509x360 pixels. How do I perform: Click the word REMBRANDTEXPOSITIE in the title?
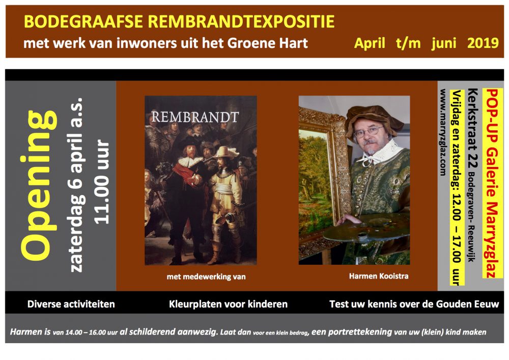pos(241,21)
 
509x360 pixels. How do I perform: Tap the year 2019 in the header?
pos(483,43)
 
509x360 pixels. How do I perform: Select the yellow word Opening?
pos(40,185)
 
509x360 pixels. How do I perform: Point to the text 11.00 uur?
pos(102,182)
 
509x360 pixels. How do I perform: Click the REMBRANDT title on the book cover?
pos(195,117)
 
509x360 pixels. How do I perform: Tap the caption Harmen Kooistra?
pos(379,276)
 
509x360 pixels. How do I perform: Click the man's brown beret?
pos(373,118)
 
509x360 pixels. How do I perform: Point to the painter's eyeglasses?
pos(369,131)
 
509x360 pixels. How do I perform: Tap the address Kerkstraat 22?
pos(473,128)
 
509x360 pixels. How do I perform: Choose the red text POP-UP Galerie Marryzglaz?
pos(492,183)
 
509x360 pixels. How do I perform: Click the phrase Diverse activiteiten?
pos(71,304)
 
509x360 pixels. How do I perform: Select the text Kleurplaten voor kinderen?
pos(228,304)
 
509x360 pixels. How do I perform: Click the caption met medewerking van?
pos(206,277)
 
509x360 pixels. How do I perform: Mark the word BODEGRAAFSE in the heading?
pos(83,21)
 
